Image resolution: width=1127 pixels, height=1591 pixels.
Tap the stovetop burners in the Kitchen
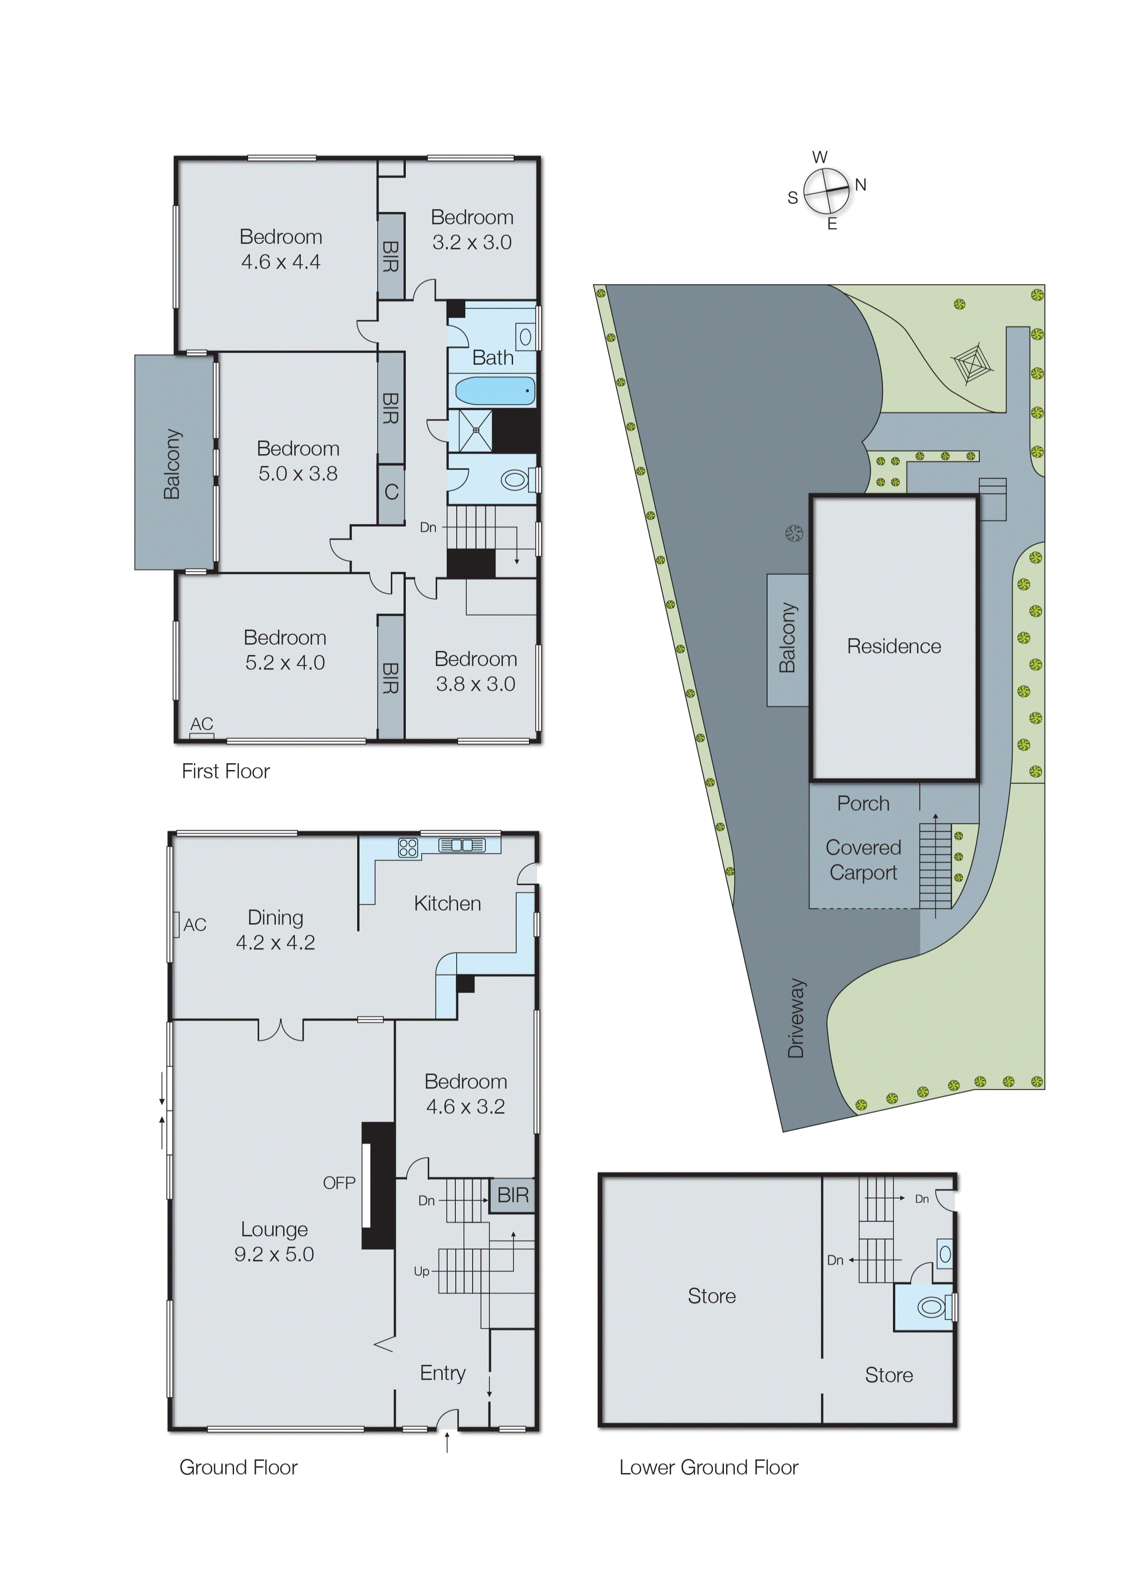coord(408,847)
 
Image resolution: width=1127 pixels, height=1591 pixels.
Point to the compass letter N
coord(861,185)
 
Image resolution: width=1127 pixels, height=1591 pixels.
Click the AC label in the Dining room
coord(195,924)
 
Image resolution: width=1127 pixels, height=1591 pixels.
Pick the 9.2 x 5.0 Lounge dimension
coord(274,1254)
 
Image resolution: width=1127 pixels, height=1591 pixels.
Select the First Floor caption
coord(225,771)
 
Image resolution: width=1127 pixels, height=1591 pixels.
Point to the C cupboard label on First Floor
coord(391,492)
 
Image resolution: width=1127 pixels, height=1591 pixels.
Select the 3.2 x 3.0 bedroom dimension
coord(472,242)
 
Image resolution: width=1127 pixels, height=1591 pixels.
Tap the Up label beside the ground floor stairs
coord(421,1271)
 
